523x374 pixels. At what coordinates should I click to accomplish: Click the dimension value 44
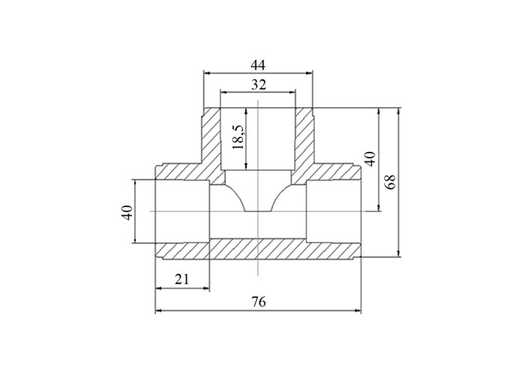258,65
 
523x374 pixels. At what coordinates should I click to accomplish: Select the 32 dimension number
259,85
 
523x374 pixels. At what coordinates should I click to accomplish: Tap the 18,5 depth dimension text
239,137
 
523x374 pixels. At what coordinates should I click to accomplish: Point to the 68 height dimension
391,182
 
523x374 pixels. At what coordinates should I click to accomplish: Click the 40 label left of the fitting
128,212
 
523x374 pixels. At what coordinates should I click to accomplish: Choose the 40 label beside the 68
371,159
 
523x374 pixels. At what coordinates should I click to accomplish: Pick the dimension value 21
182,279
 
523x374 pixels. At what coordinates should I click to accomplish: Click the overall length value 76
259,302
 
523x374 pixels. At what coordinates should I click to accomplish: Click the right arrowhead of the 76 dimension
357,311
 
